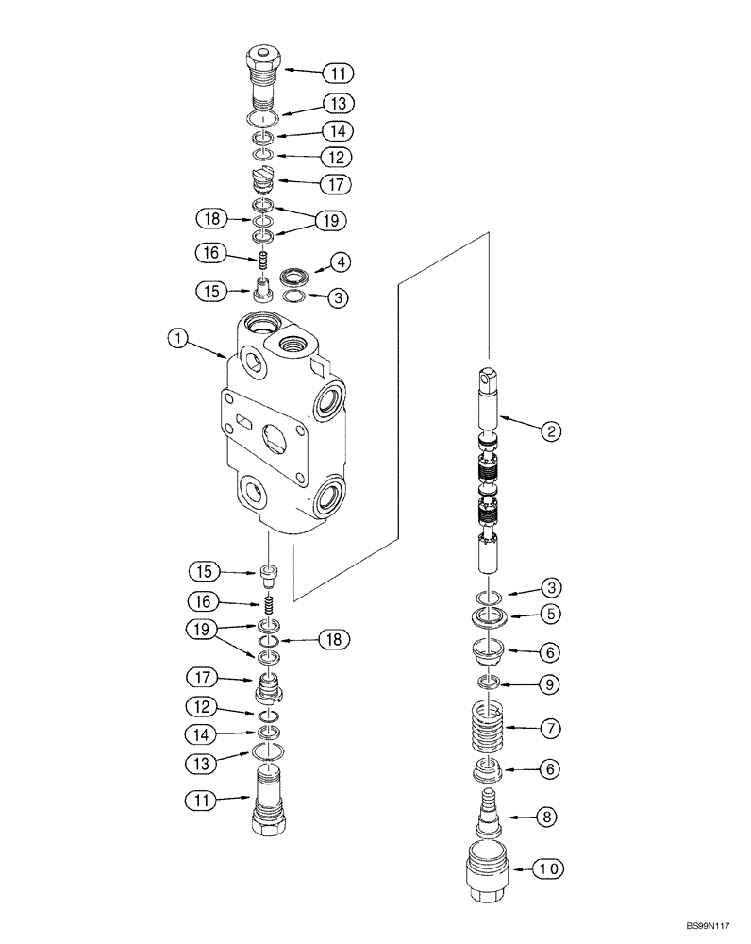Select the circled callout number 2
tap(552, 431)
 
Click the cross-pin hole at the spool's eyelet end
tap(490, 379)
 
